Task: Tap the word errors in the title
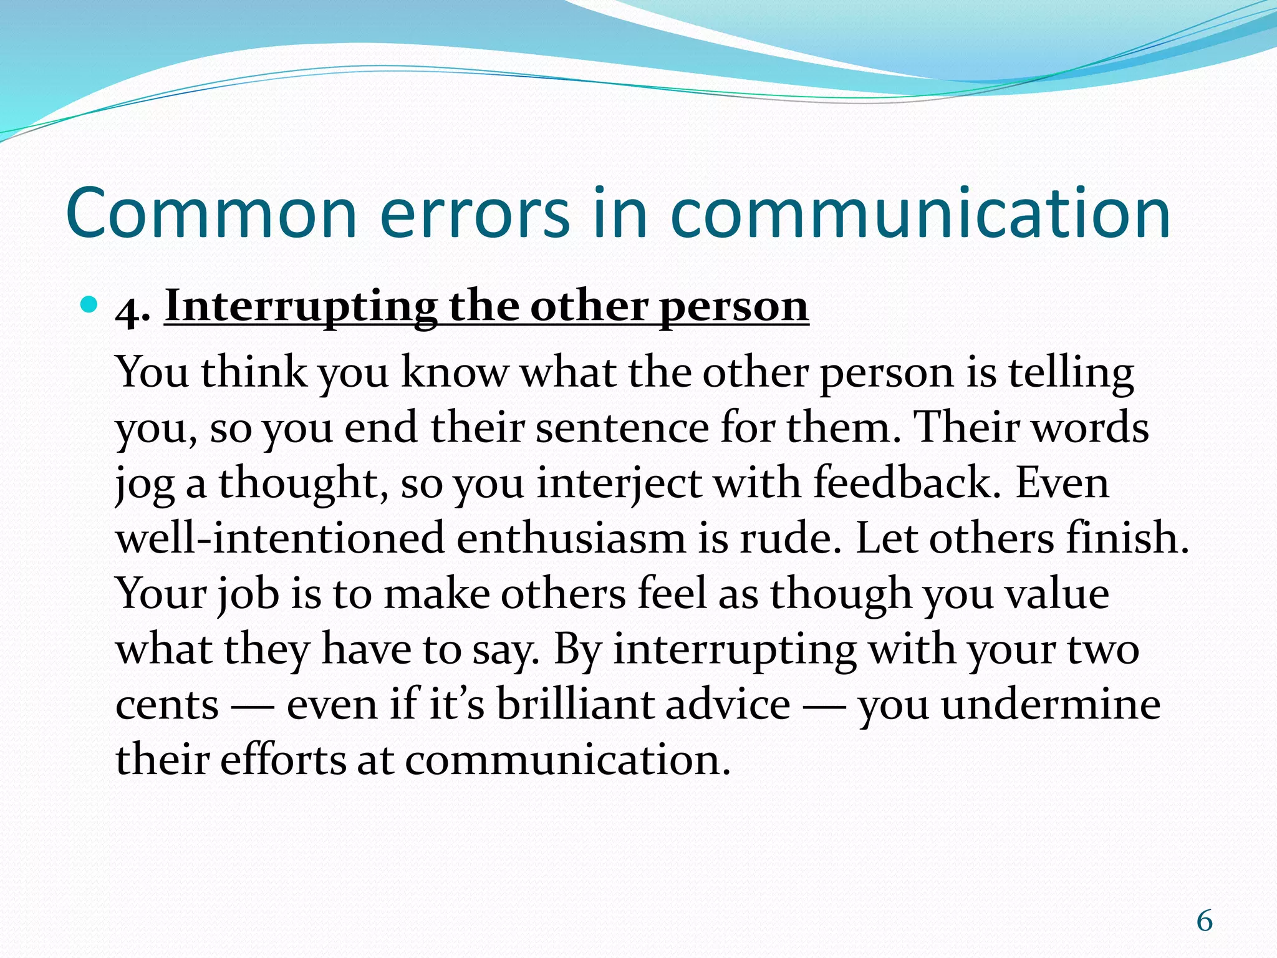click(x=474, y=214)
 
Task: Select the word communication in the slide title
click(x=920, y=214)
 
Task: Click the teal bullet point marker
click(x=90, y=305)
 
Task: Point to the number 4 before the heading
click(x=128, y=308)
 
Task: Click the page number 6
click(x=1204, y=921)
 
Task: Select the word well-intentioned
click(x=280, y=538)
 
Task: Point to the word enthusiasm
click(x=571, y=538)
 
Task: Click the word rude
click(x=789, y=538)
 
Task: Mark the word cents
click(x=167, y=705)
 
